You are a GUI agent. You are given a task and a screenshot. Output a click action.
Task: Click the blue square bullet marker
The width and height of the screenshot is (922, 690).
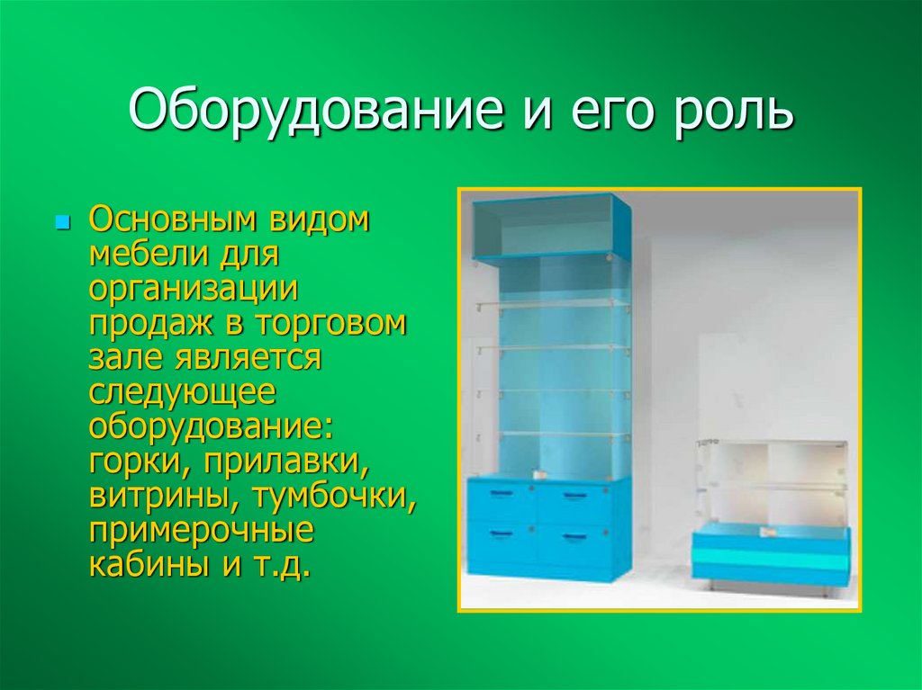coord(62,220)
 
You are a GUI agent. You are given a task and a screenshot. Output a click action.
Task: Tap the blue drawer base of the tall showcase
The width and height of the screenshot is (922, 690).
coord(548,526)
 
